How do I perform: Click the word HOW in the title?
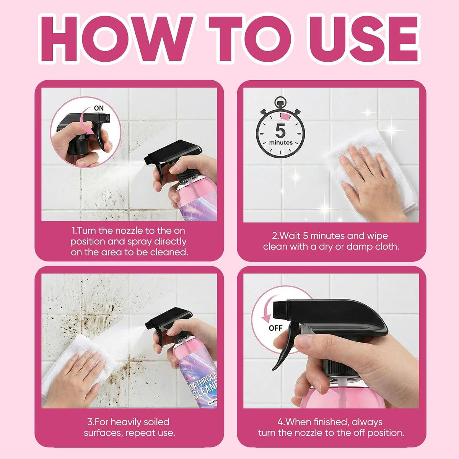point(117,39)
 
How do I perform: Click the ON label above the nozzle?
point(99,108)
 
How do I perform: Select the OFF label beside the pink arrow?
point(275,328)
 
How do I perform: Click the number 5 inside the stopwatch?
point(281,130)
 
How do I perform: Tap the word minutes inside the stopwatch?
point(281,142)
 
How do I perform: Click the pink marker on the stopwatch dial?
point(285,117)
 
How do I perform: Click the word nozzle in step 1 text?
point(133,231)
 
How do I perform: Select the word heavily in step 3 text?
point(129,422)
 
